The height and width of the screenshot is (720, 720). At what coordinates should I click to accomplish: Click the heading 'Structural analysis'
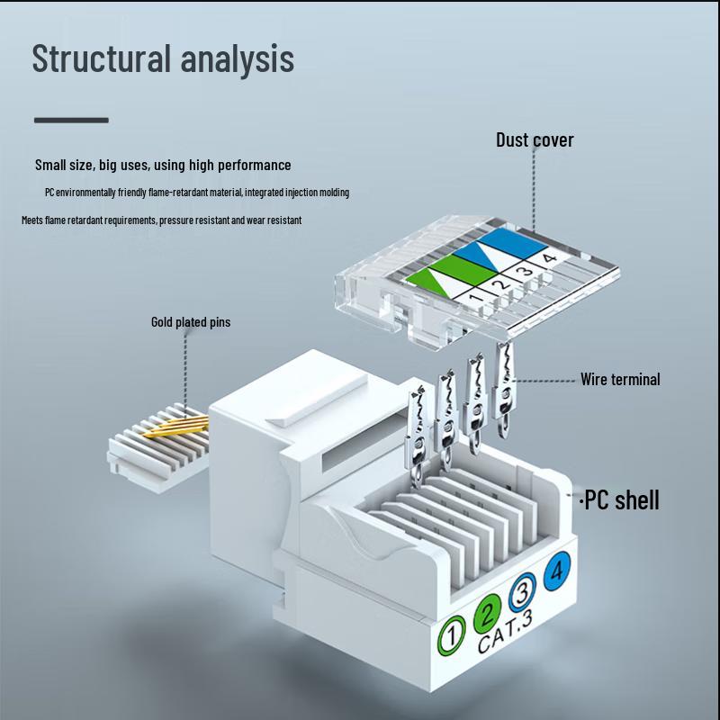tap(163, 58)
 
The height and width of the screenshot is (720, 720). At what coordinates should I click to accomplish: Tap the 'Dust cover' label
tap(535, 139)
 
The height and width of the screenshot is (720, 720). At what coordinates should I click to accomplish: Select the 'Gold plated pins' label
tap(190, 322)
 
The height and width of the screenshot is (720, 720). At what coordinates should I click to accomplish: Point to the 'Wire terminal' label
tap(619, 380)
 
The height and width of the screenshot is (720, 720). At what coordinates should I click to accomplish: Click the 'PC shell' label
tap(621, 499)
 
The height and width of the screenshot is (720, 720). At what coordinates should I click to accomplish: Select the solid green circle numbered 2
tap(487, 615)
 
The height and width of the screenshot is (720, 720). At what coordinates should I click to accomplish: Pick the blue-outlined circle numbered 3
tap(523, 593)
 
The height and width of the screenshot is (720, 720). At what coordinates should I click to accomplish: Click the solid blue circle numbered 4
tap(557, 570)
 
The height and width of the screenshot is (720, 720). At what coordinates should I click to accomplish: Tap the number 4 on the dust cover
tap(548, 260)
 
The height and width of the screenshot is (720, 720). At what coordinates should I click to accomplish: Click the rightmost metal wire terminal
tap(507, 387)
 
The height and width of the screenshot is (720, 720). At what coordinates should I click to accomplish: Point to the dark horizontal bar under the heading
tap(71, 120)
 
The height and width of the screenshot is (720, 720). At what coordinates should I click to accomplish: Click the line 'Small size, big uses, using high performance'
tap(163, 165)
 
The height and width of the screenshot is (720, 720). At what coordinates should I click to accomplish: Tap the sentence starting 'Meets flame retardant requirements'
tap(162, 220)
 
